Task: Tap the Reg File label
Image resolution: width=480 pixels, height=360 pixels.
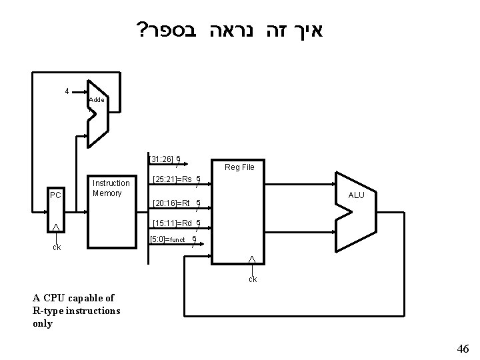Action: pyautogui.click(x=239, y=167)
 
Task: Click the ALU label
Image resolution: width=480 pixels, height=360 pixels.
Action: pyautogui.click(x=356, y=195)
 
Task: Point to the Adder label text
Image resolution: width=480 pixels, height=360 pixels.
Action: pyautogui.click(x=96, y=99)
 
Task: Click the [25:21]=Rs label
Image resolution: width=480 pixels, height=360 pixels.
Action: pyautogui.click(x=172, y=179)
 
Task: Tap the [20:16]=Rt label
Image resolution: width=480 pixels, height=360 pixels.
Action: pyautogui.click(x=172, y=203)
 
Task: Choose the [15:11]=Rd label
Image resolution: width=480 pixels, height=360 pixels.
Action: pyautogui.click(x=173, y=223)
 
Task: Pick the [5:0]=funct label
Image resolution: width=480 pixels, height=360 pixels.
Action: pyautogui.click(x=169, y=239)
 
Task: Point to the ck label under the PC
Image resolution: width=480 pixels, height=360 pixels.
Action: pyautogui.click(x=57, y=247)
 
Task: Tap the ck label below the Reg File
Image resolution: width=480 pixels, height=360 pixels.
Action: pyautogui.click(x=253, y=279)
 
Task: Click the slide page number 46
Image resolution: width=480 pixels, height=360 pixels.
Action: pyautogui.click(x=463, y=348)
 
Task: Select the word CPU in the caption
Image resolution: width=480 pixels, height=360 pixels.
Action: pyautogui.click(x=53, y=298)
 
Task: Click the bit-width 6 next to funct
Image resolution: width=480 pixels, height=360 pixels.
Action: pyautogui.click(x=193, y=239)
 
